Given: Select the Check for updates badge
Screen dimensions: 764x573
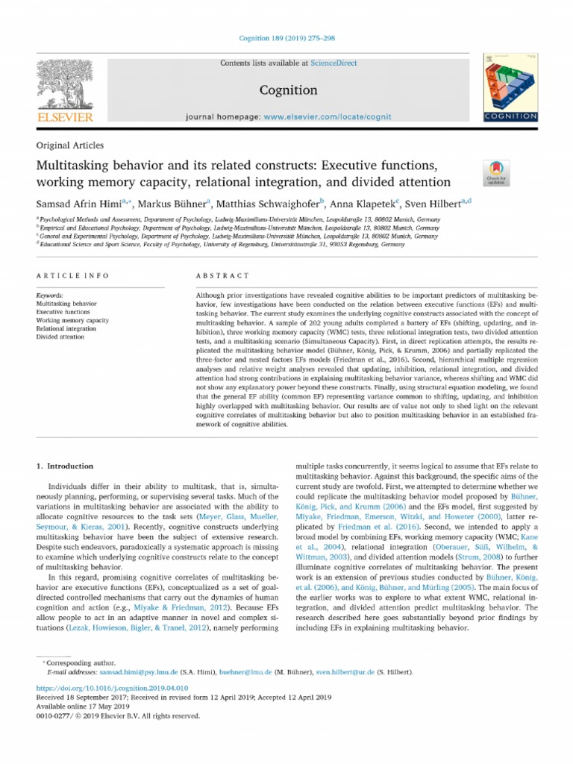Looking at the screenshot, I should click(496, 172).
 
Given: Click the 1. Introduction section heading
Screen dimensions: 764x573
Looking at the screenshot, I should click(66, 466).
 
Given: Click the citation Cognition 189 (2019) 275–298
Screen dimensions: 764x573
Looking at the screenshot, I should click(286, 38).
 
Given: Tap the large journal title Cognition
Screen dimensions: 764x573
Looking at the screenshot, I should click(288, 90).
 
